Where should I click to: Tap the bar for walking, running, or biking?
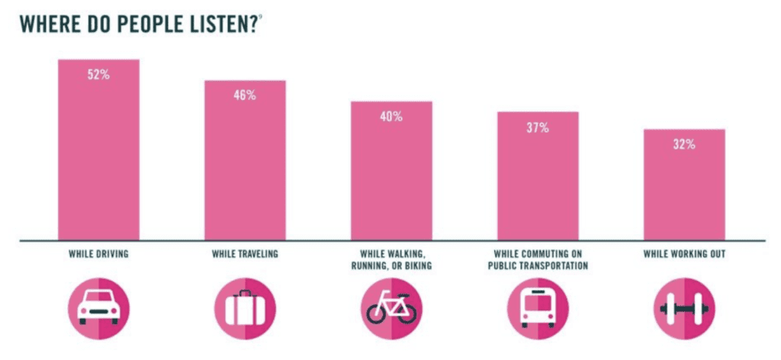pos(391,171)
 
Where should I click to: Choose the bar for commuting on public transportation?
pos(538,176)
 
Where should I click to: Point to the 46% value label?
pos(245,96)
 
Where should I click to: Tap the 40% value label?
pos(391,117)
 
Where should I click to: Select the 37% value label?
pos(538,127)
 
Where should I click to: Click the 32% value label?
pos(684,144)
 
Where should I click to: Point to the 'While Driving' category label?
pos(98,254)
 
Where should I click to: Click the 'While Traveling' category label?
pos(245,254)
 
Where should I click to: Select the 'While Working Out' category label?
pos(684,254)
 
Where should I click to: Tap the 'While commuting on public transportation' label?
pos(538,259)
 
